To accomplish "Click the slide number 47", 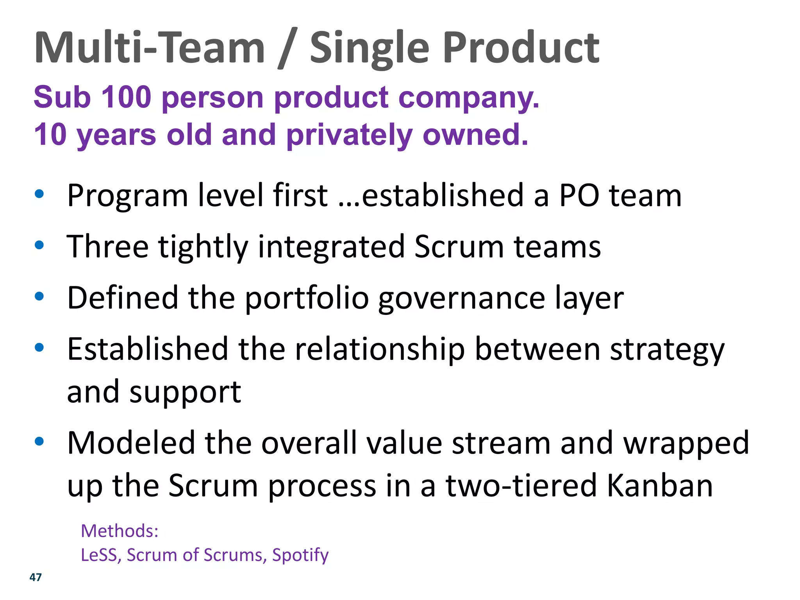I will [x=36, y=577].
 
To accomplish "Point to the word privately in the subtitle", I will [x=349, y=135].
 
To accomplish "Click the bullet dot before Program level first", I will [x=39, y=194].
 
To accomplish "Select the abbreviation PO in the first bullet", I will [x=579, y=195].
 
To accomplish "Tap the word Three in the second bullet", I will [x=107, y=246].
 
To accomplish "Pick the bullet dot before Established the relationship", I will [x=39, y=347].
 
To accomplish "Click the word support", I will [x=185, y=392].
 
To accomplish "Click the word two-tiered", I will [x=521, y=486].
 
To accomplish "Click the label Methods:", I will [x=120, y=531].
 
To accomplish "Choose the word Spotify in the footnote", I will [x=300, y=555].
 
